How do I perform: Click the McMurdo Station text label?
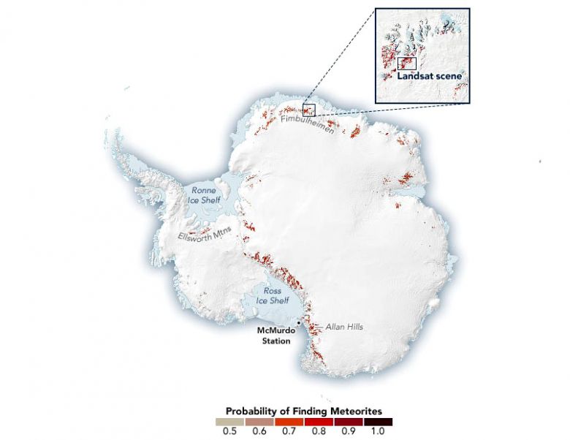[277, 336]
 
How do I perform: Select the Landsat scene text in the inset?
[423, 75]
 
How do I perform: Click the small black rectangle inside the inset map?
[406, 64]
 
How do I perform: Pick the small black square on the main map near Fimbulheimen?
[308, 110]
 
